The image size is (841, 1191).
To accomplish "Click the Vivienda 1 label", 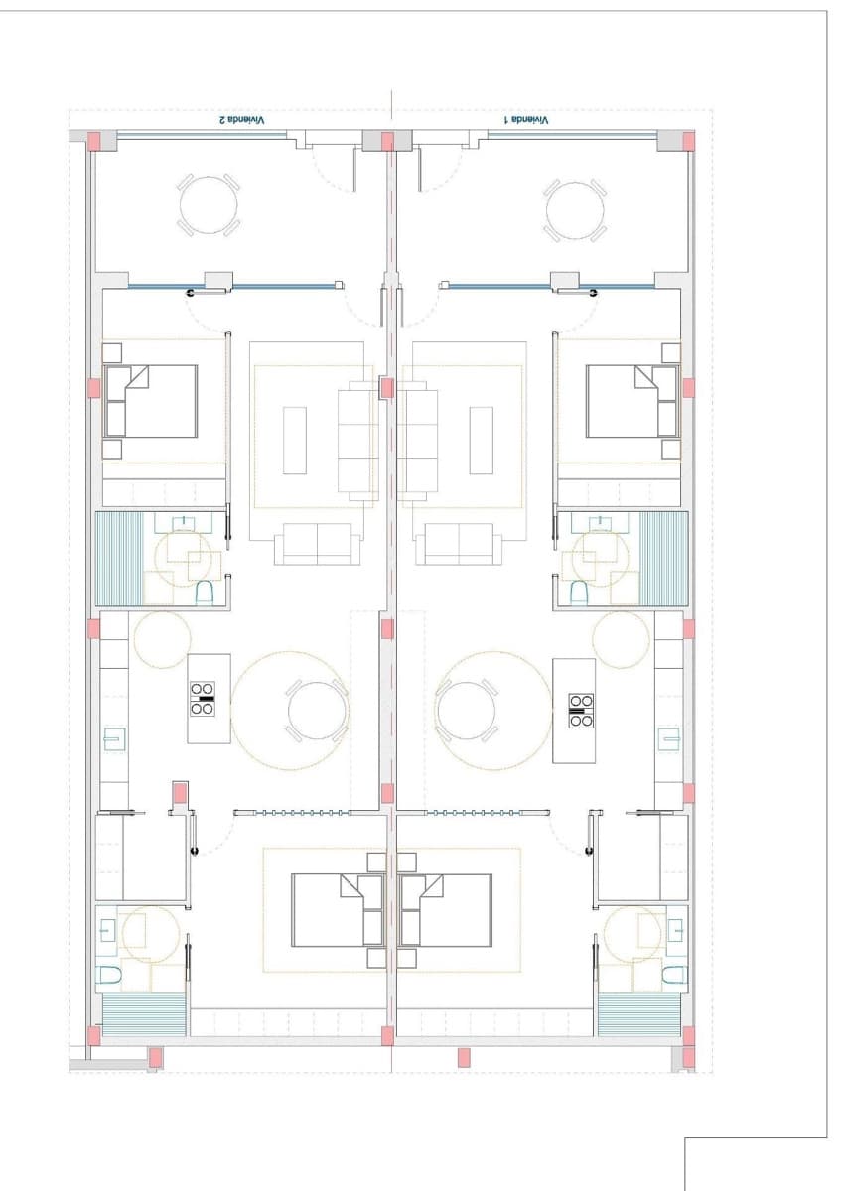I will pyautogui.click(x=525, y=119).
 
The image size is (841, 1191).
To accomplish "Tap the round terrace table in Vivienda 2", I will pyautogui.click(x=209, y=205).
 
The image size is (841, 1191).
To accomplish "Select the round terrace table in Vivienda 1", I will pyautogui.click(x=575, y=208).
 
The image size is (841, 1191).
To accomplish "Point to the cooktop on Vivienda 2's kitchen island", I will pyautogui.click(x=203, y=698).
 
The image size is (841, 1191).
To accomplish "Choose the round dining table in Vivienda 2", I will pyautogui.click(x=318, y=711).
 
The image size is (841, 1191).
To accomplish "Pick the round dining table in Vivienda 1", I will pyautogui.click(x=466, y=711).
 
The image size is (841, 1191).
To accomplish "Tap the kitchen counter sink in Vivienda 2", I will pyautogui.click(x=115, y=739).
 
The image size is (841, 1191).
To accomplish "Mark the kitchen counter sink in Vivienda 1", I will pyautogui.click(x=669, y=739).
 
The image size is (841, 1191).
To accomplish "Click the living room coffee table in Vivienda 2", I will pyautogui.click(x=295, y=440).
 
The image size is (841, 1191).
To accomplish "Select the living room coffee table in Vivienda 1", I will pyautogui.click(x=482, y=440).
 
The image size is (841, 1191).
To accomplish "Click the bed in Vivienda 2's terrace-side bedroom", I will pyautogui.click(x=152, y=401).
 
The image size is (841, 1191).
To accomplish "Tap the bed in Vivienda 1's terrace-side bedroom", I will pyautogui.click(x=632, y=401).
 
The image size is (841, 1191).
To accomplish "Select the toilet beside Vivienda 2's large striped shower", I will pyautogui.click(x=205, y=594).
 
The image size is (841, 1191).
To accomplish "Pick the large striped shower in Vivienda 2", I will pyautogui.click(x=119, y=558).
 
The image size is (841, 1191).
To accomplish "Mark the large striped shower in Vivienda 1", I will pyautogui.click(x=664, y=558).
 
